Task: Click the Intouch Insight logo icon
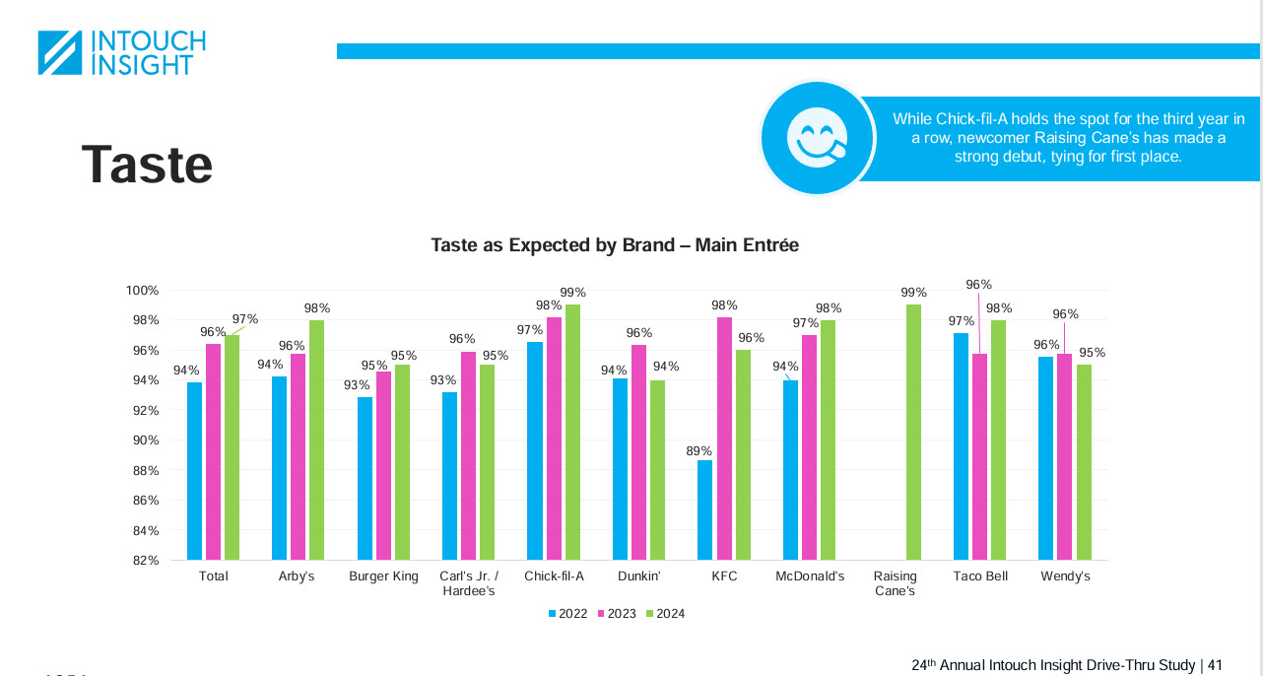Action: click(x=60, y=52)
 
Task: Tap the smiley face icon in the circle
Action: click(x=817, y=138)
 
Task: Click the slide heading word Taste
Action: click(x=147, y=164)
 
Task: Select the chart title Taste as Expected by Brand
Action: click(x=615, y=245)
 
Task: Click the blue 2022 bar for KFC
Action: click(x=704, y=510)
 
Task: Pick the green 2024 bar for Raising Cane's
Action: click(x=913, y=433)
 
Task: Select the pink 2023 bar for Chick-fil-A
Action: click(x=554, y=439)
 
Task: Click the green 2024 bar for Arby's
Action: click(x=317, y=439)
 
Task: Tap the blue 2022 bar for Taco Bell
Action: click(x=961, y=446)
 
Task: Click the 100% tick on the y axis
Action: click(x=142, y=291)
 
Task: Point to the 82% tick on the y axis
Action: click(x=145, y=561)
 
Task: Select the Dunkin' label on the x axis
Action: click(x=638, y=576)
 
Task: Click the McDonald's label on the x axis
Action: click(x=810, y=576)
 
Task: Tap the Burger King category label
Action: click(x=383, y=576)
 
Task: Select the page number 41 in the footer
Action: click(x=1215, y=665)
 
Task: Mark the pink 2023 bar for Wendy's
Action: click(x=1065, y=457)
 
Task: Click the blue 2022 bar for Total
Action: click(x=195, y=471)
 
